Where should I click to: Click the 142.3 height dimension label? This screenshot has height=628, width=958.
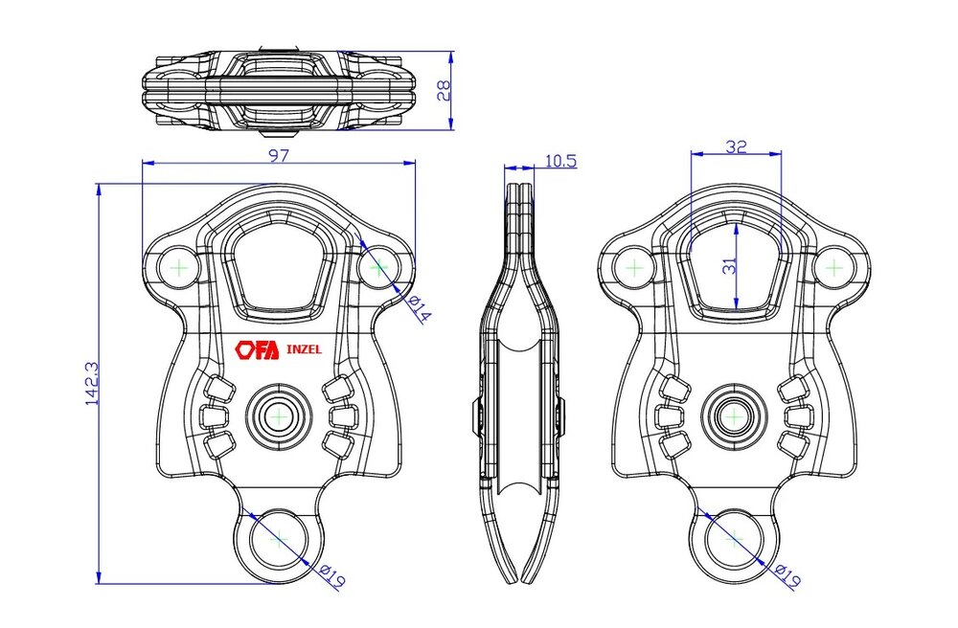[x=92, y=383]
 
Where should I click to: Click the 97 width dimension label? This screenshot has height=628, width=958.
[x=279, y=156]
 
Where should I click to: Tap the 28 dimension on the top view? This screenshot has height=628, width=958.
[x=445, y=90]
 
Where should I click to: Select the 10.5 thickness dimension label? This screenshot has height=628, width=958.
[x=560, y=161]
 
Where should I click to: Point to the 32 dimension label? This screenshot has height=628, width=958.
[x=736, y=146]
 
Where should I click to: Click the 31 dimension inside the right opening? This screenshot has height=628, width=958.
[x=729, y=266]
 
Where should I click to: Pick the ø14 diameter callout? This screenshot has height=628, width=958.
[x=420, y=309]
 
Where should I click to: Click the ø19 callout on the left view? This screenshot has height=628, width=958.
[x=332, y=576]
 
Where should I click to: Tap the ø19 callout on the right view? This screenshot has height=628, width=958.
[x=787, y=576]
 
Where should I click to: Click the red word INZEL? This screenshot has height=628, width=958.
[x=304, y=349]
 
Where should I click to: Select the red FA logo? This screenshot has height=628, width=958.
[x=257, y=349]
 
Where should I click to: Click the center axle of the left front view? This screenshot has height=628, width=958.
[x=279, y=417]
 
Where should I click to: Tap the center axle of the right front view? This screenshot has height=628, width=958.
[x=734, y=417]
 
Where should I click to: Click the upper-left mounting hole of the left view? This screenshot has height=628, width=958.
[x=179, y=268]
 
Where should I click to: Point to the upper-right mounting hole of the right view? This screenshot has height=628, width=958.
[x=833, y=268]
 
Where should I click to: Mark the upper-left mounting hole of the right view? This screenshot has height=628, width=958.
[x=634, y=268]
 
